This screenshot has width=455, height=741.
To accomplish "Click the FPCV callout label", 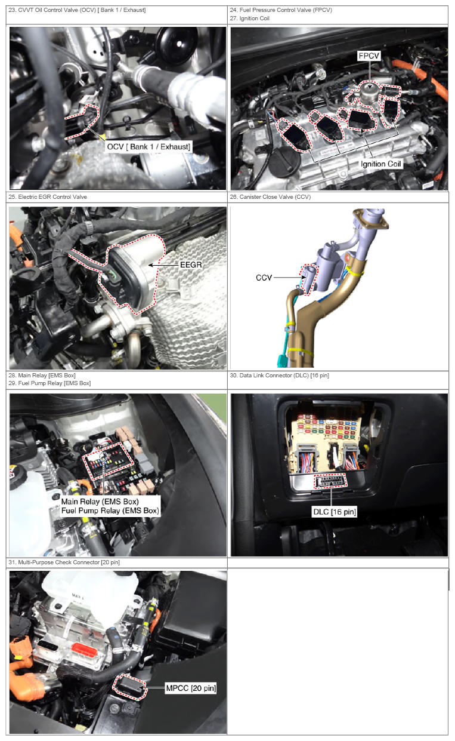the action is pyautogui.click(x=369, y=56).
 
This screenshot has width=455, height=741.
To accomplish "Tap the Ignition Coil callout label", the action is pyautogui.click(x=380, y=164).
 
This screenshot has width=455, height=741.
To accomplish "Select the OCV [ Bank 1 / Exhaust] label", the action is pyautogui.click(x=148, y=146).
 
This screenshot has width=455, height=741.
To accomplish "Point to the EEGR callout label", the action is pyautogui.click(x=191, y=265).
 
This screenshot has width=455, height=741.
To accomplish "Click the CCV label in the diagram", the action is pyautogui.click(x=264, y=278).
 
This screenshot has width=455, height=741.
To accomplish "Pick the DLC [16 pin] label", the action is pyautogui.click(x=335, y=512).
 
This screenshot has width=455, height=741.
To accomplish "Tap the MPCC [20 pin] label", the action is pyautogui.click(x=191, y=688).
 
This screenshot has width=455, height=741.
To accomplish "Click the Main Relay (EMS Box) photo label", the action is pyautogui.click(x=100, y=502).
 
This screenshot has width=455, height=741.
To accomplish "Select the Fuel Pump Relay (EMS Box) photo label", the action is pyautogui.click(x=110, y=511).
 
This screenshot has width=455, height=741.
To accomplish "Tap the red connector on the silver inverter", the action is pyautogui.click(x=84, y=651).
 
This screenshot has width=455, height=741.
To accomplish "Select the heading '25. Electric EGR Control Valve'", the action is pyautogui.click(x=48, y=197).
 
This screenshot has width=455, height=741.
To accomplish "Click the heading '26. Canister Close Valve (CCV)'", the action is pyautogui.click(x=270, y=197).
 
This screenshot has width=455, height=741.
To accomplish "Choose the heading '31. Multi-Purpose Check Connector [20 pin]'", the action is pyautogui.click(x=64, y=562).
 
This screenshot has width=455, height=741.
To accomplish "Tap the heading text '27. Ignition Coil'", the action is pyautogui.click(x=249, y=19).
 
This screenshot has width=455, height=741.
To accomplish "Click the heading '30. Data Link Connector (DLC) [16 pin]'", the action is pyautogui.click(x=280, y=376).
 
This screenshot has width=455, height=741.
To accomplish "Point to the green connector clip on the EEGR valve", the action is pyautogui.click(x=112, y=274).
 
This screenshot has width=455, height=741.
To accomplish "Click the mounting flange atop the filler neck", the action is pyautogui.click(x=371, y=220).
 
